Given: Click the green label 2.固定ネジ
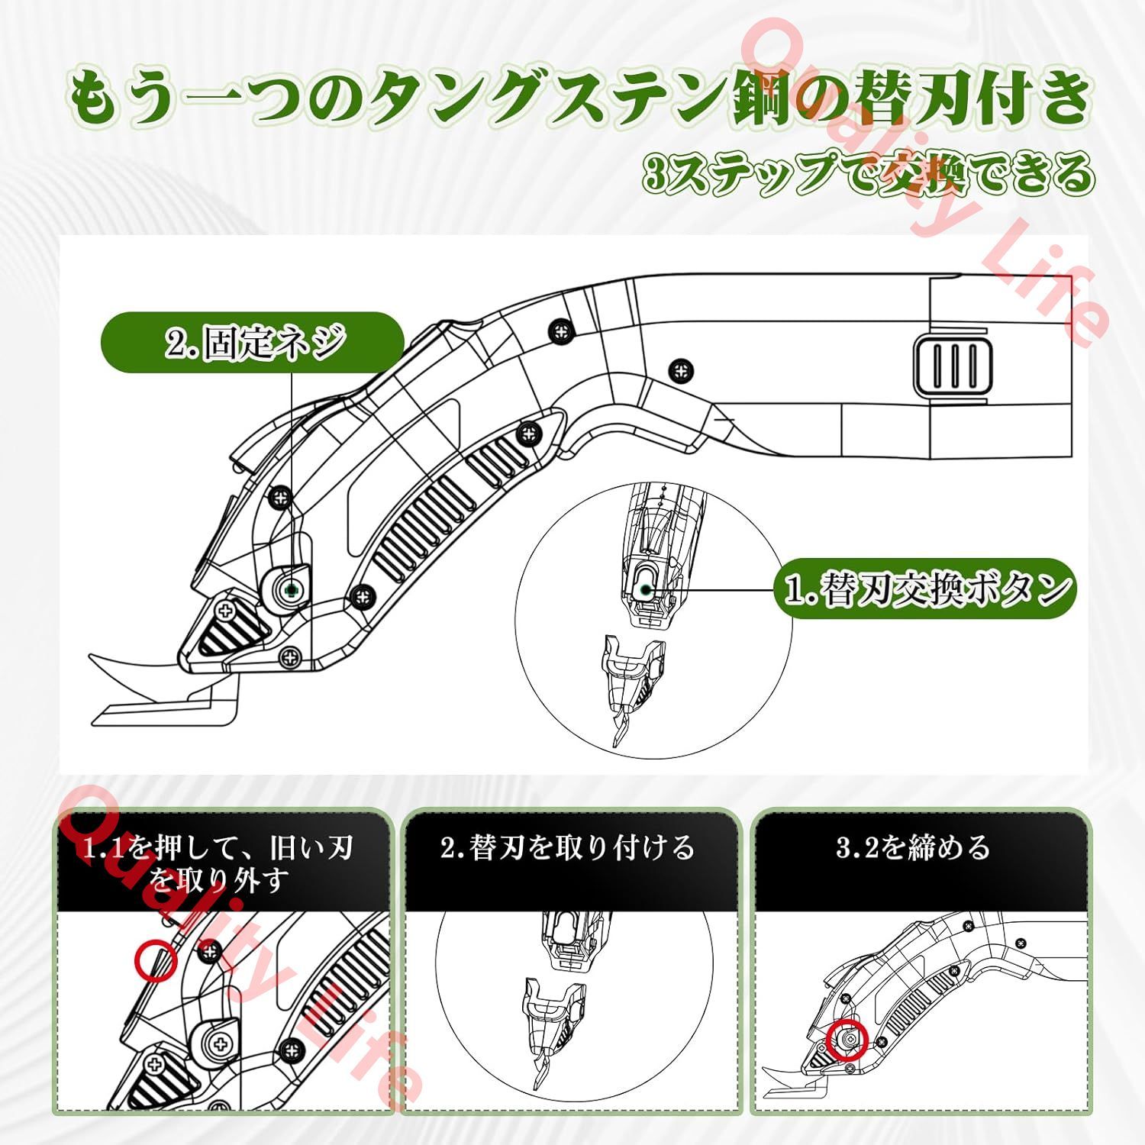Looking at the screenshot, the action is [253, 342].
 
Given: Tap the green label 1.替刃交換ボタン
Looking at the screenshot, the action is [925, 589].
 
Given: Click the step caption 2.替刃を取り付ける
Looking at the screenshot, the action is [569, 848].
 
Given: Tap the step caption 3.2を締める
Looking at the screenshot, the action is [913, 847].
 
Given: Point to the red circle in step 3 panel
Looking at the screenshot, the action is [848, 1040].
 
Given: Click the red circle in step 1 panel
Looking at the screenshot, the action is [156, 960].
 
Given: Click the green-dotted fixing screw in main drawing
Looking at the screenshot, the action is [290, 589].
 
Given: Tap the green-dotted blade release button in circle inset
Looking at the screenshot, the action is [646, 589].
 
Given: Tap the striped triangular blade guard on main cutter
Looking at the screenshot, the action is [229, 629].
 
